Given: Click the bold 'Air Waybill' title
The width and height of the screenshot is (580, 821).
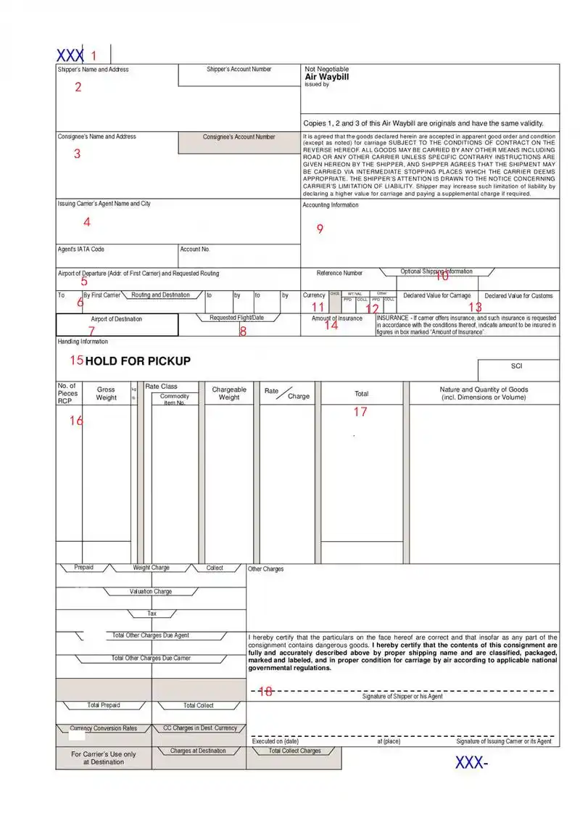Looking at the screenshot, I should [x=327, y=76].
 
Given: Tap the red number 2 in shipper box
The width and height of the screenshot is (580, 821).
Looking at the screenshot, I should [x=78, y=88].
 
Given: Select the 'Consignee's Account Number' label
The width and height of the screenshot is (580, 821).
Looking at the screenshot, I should [x=239, y=137].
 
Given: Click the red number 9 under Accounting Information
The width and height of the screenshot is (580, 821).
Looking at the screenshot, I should [x=320, y=229].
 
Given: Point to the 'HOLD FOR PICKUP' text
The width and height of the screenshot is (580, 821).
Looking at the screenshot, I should [x=138, y=361].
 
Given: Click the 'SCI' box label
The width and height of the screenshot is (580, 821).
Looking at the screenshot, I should [x=517, y=366].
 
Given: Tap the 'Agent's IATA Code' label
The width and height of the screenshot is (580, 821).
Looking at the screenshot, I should [x=81, y=249].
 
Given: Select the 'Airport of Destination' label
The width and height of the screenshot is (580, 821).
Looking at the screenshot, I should [x=116, y=319].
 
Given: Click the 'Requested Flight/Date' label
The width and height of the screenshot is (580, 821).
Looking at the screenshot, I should [x=237, y=318].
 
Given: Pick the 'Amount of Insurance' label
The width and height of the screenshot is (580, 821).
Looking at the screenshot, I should [x=337, y=318].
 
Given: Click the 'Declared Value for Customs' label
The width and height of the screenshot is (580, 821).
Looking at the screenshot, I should [x=518, y=296].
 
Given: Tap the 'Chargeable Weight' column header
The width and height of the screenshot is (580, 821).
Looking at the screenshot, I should [x=229, y=393].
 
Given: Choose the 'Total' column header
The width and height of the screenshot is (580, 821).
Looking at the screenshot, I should [x=361, y=394].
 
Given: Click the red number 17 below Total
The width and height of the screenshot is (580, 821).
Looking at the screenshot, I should [x=360, y=412].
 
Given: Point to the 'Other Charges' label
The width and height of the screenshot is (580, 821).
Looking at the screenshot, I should [x=266, y=569].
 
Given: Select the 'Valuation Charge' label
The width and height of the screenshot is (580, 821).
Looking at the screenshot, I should [x=151, y=592].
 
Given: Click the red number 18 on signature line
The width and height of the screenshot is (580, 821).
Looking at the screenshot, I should [x=265, y=691].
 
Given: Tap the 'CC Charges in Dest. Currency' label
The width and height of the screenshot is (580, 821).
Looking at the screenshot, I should [x=200, y=727].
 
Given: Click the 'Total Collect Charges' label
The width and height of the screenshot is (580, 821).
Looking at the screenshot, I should [x=295, y=751].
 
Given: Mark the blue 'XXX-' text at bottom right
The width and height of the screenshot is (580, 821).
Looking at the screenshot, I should [x=472, y=762].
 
